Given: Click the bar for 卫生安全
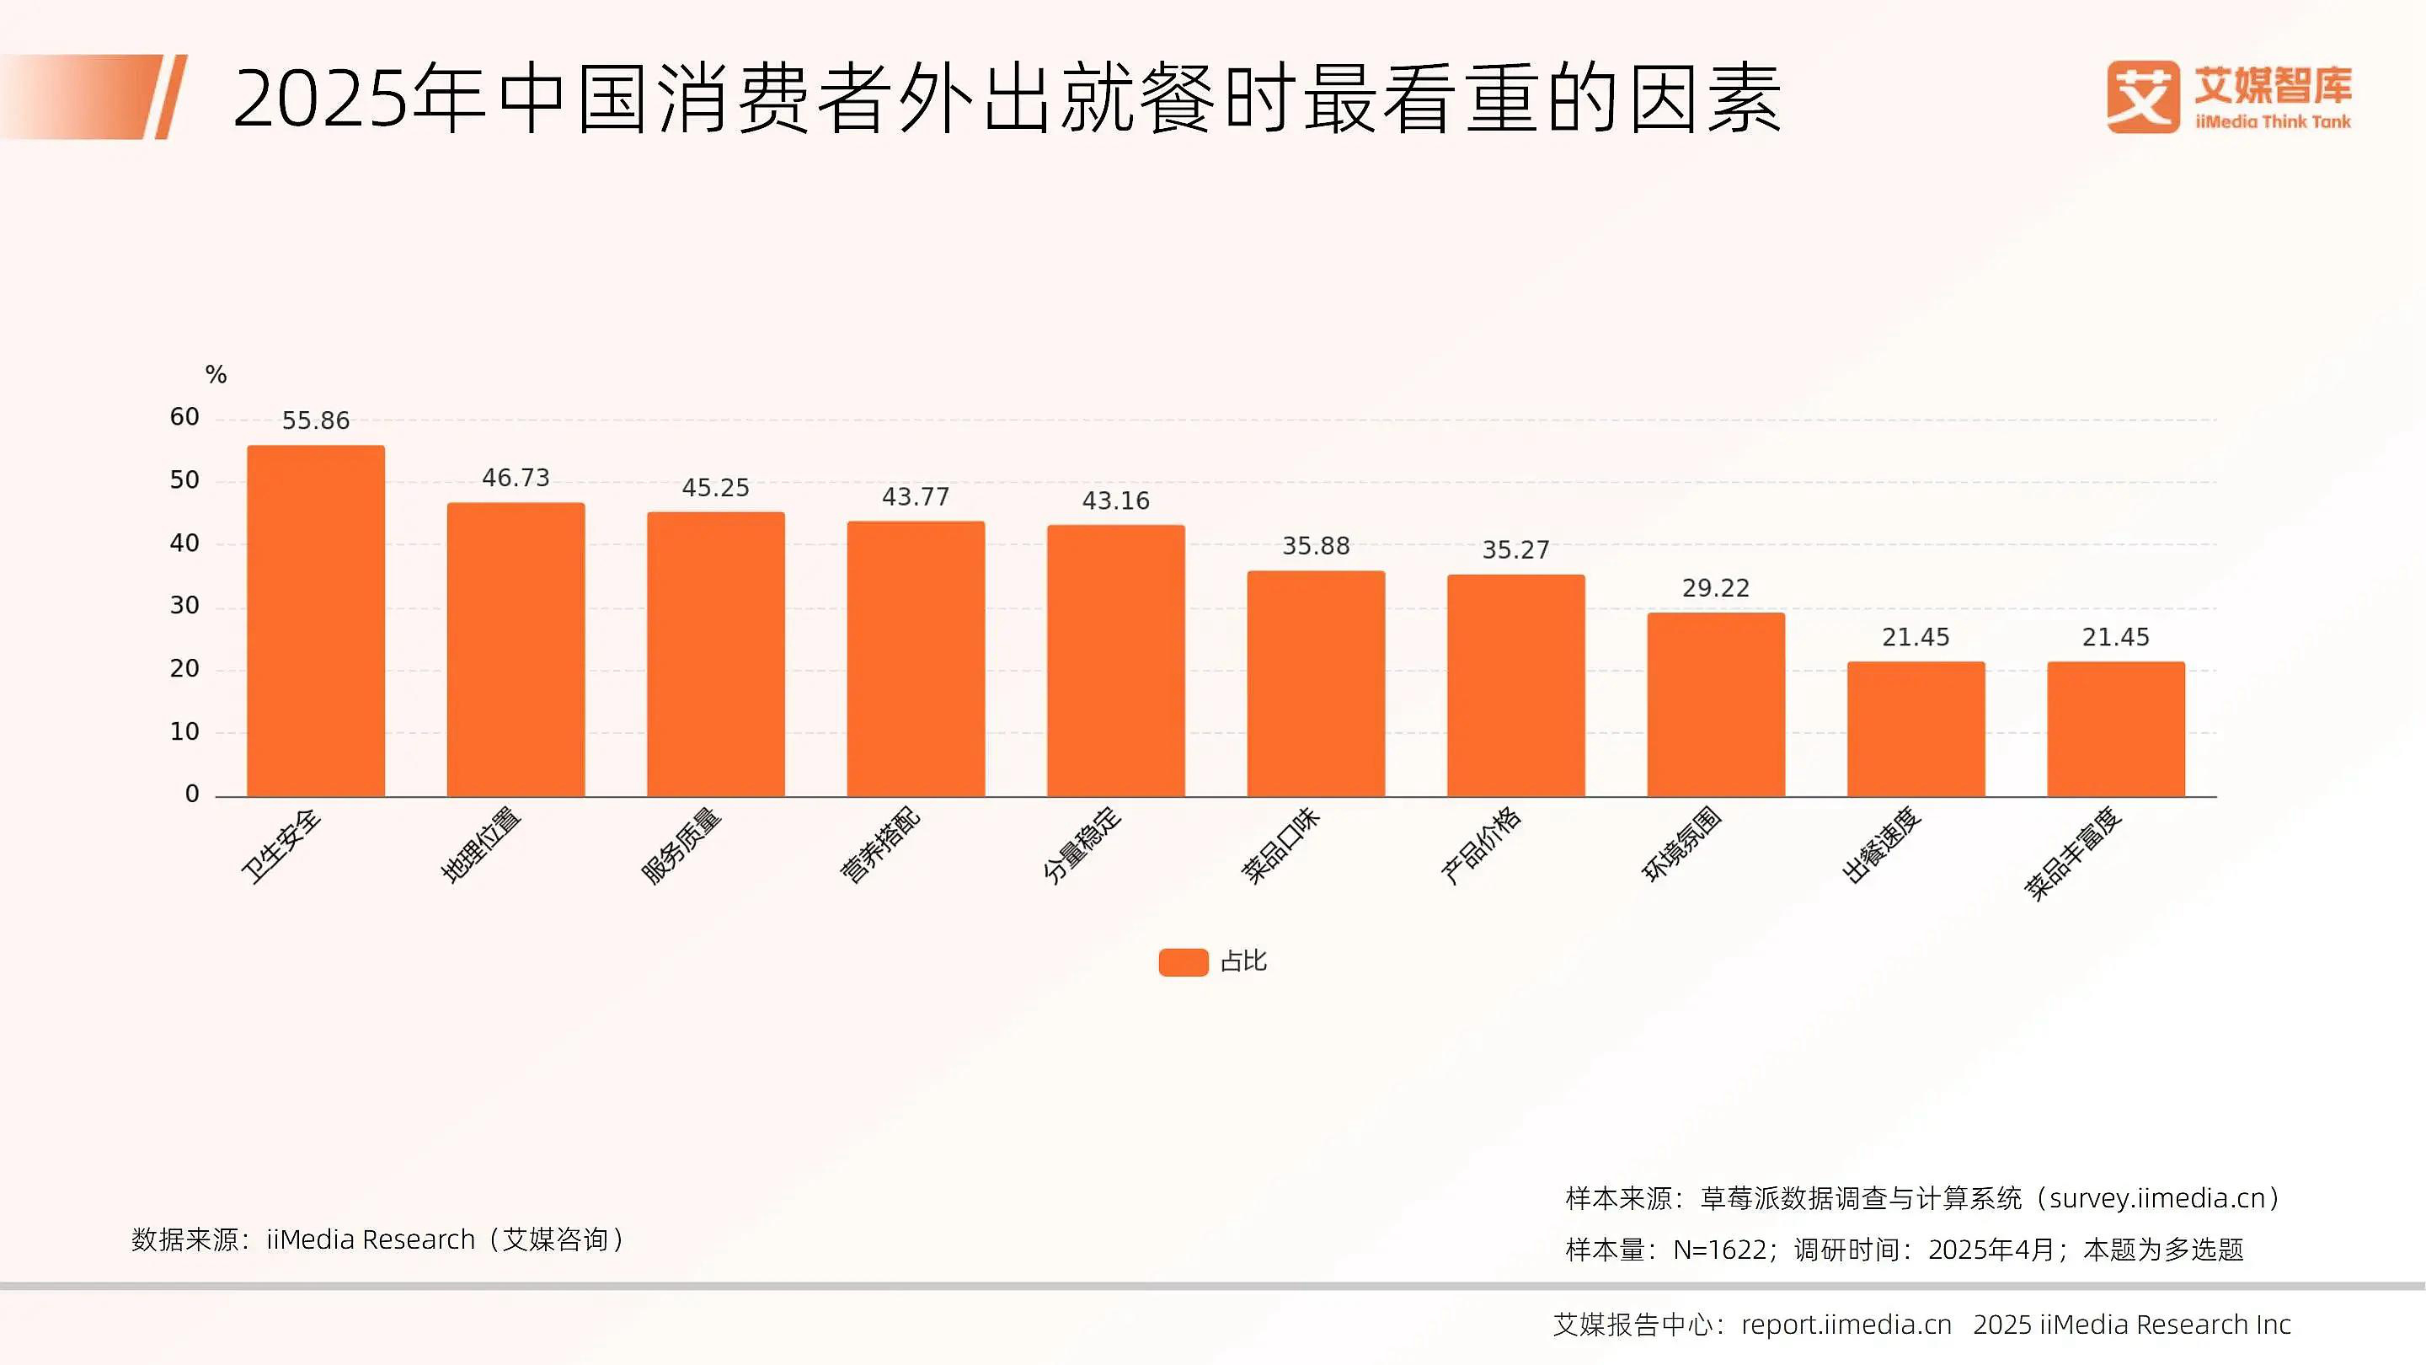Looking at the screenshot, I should pos(316,622).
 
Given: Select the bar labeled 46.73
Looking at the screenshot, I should pos(516,650).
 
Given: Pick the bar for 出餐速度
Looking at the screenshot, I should pos(1916,729).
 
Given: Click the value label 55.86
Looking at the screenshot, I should pos(316,420).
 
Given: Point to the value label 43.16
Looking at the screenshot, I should pos(1115,500).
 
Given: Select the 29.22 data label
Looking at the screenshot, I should pos(1715,588).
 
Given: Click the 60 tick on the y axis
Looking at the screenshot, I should pos(184,417).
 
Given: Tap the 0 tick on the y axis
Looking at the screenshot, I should pos(192,794).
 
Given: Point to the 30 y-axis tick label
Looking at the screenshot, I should pos(184,606).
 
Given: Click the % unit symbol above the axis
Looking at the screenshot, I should pos(216,375).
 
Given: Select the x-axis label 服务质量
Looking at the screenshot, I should pos(680,846).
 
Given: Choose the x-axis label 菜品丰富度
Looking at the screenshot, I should pos(2072,854).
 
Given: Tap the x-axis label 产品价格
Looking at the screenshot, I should pos(1481,846).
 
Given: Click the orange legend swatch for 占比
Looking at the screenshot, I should pos(1183,961).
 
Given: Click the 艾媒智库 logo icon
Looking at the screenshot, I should pos(2142,97).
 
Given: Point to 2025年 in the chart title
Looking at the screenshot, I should pos(358,98).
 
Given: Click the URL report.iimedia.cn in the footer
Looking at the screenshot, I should pos(1846,1325).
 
